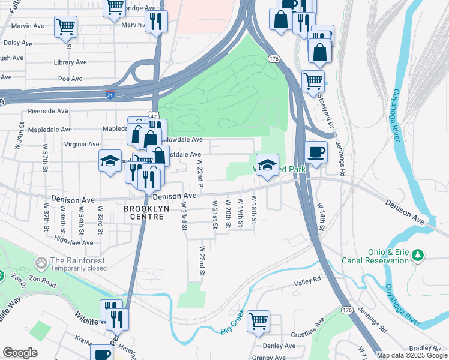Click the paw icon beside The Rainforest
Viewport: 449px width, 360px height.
(x=41, y=262)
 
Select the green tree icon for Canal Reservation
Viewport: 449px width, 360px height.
(x=418, y=256)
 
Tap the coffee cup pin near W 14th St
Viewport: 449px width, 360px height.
(x=316, y=151)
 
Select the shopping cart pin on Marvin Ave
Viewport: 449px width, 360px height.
(x=65, y=26)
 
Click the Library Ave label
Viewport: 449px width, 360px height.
(x=68, y=62)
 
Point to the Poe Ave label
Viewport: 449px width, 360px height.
(x=70, y=79)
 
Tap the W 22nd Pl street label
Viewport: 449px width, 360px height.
(x=200, y=172)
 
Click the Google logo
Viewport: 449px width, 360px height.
(x=20, y=353)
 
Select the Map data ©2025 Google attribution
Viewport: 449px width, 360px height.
(x=412, y=355)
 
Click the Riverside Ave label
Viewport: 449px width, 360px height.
(x=48, y=111)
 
